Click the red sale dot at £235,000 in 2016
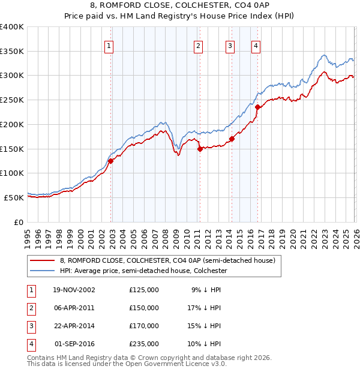tap(257, 107)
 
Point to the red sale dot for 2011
tap(200, 149)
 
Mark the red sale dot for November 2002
tap(111, 161)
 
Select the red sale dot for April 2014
tap(232, 139)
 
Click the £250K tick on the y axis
tap(12, 100)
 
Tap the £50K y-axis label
tap(14, 197)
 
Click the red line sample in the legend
tap(43, 261)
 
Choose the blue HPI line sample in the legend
tap(43, 271)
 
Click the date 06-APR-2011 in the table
tap(74, 308)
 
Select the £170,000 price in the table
tap(144, 326)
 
